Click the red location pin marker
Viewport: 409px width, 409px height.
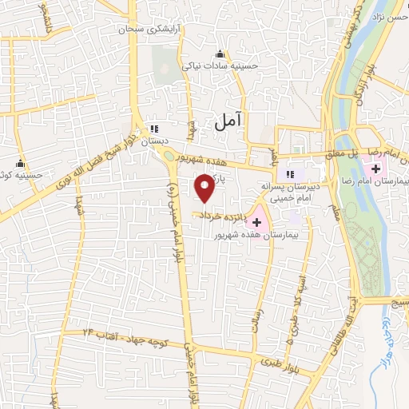[x=205, y=189]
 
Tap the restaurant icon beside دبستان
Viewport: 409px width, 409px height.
[x=156, y=128]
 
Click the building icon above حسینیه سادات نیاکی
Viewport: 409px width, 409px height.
[x=220, y=54]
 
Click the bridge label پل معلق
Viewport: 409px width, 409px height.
[x=335, y=152]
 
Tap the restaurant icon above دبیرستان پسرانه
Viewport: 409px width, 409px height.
[x=291, y=173]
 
